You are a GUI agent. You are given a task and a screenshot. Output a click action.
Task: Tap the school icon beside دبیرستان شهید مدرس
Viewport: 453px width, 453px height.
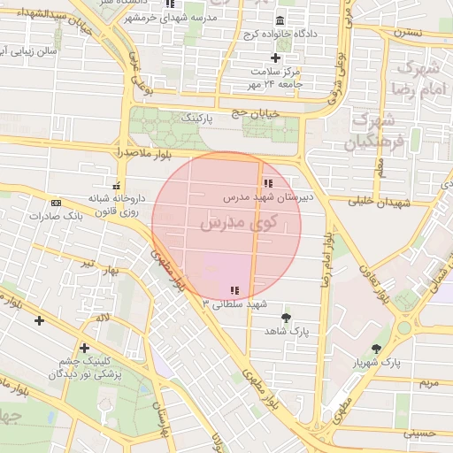point(269,183)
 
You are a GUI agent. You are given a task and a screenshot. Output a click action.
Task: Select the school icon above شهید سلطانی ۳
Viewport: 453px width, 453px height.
point(234,290)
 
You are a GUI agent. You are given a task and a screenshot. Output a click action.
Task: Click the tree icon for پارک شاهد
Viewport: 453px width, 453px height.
point(286,318)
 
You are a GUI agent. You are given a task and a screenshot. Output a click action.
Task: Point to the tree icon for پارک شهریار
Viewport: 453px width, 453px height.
point(377,349)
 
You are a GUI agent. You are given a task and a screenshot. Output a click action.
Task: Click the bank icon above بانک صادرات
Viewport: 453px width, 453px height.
point(56,203)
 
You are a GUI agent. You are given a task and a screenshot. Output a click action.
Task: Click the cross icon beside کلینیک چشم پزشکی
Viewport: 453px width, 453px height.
point(84,348)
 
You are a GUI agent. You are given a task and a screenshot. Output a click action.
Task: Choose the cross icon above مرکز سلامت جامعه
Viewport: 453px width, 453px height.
point(276,58)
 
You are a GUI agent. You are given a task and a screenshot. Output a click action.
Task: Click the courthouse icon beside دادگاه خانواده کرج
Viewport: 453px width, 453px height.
point(280,20)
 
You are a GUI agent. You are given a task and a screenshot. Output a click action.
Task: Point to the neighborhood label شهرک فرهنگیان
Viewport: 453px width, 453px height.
point(373,129)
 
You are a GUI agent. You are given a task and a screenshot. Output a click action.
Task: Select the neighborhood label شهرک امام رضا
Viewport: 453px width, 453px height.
point(419,77)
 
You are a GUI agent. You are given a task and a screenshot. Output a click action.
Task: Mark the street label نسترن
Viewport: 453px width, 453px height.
point(408,32)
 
